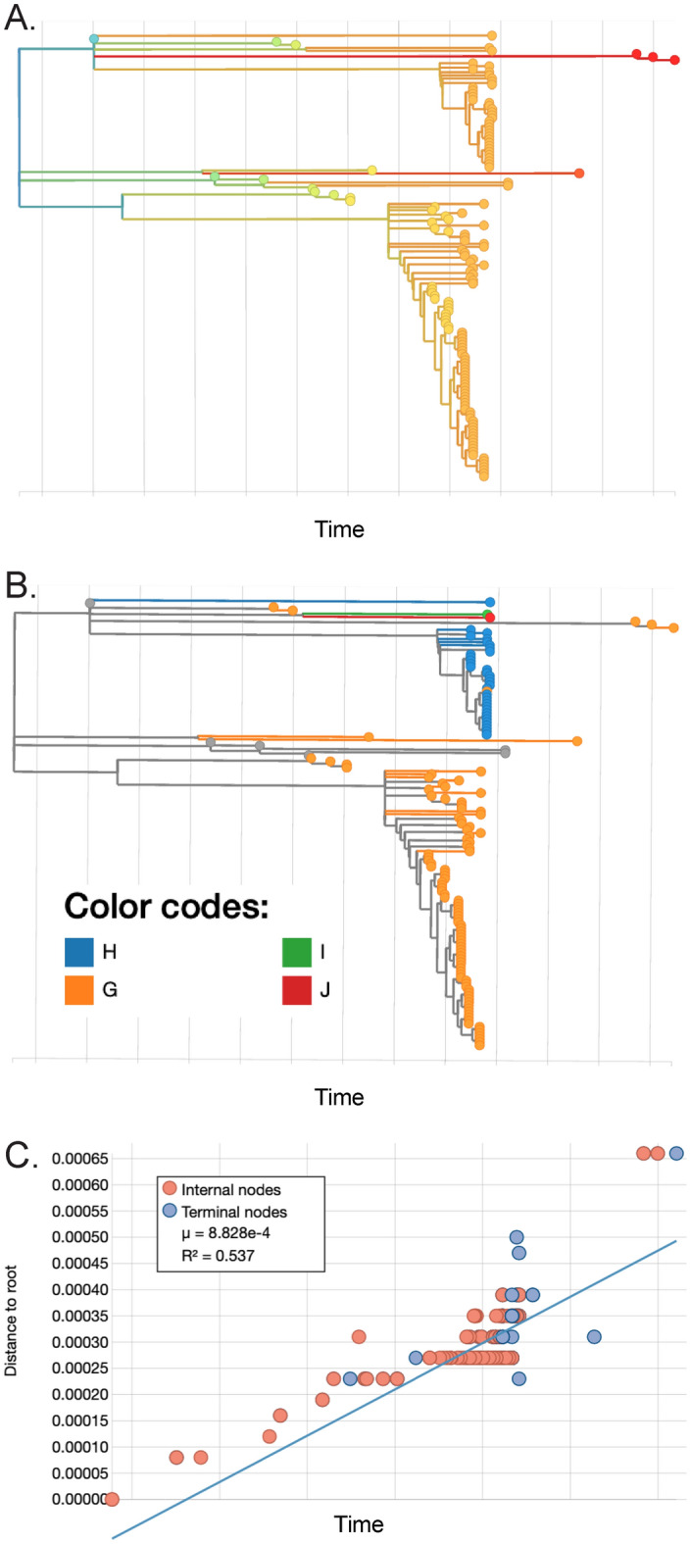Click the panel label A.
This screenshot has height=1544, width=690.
[21, 19]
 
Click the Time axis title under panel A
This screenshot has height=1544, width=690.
[339, 529]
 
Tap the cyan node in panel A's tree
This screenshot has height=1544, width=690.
[94, 38]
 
